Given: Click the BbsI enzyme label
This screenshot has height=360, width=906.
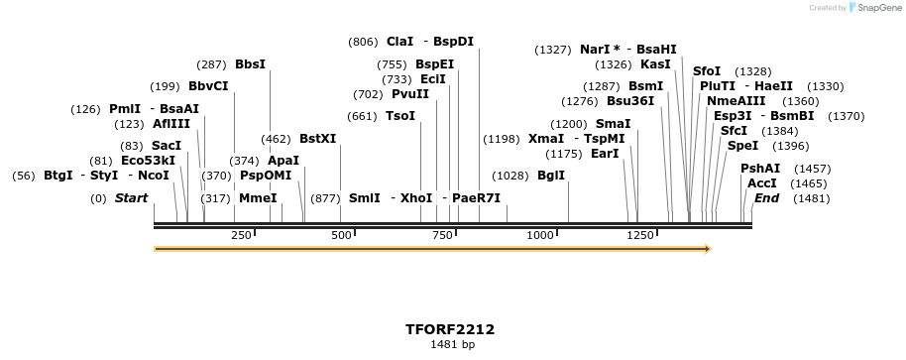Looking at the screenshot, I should point(250,64).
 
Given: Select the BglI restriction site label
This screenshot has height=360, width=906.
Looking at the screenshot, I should point(550,176).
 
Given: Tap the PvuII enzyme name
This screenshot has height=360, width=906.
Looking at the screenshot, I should point(410,94).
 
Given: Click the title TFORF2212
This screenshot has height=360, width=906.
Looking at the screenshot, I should point(450,329).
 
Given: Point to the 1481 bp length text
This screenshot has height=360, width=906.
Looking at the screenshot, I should point(452,345).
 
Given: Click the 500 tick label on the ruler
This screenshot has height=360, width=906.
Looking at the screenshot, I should point(342,235).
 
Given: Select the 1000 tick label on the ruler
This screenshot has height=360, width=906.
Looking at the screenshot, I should point(540,235).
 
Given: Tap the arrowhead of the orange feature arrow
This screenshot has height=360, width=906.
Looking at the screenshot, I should point(707,248).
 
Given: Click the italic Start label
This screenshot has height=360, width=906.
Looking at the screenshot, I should point(131,198).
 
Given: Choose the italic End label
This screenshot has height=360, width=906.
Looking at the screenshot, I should point(766,198).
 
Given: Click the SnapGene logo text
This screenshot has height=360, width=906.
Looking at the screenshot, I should point(873,8).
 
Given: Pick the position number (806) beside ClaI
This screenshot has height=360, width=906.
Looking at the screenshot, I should point(363,42).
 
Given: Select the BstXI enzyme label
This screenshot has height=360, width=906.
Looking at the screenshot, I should point(317,139).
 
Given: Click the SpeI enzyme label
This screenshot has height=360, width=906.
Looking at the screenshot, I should point(742,146).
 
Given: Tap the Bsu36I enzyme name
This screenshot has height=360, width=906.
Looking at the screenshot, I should point(630,101).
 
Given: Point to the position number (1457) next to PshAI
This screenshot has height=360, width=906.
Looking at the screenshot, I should point(814,169).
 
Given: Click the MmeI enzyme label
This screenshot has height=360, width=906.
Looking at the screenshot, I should point(258,198).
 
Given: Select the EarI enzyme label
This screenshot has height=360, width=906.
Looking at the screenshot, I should point(604,154).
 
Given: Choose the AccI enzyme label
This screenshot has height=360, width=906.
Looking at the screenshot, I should point(761,183).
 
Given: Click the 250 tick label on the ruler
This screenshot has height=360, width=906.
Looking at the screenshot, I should point(241,235).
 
